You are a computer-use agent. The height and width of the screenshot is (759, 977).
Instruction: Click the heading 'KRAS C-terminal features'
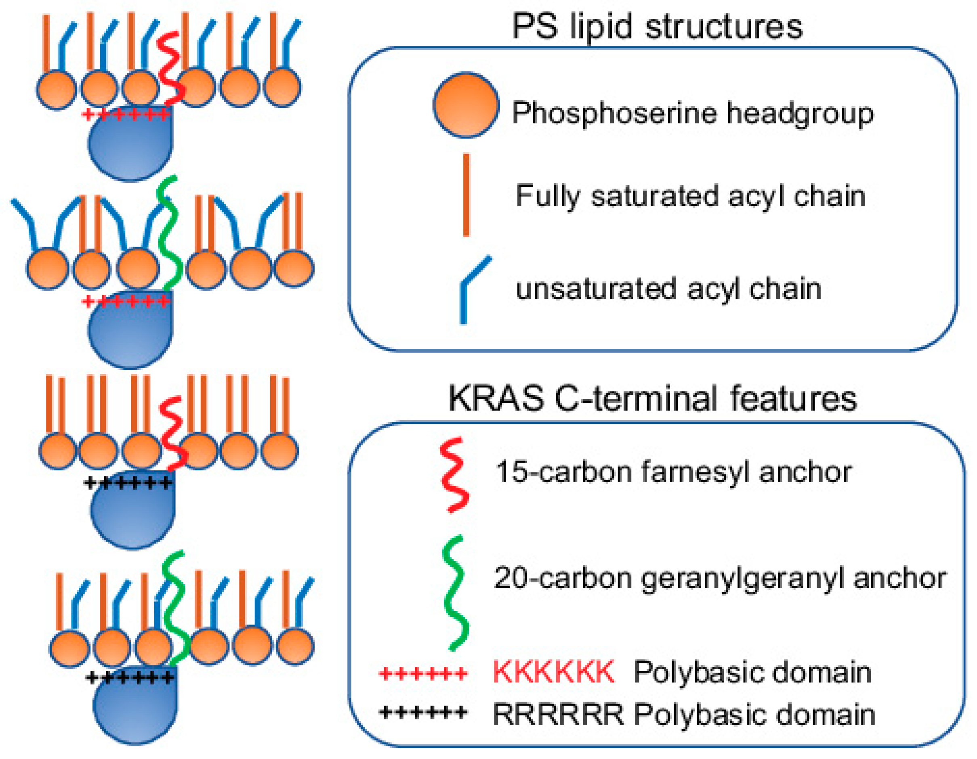click(x=652, y=398)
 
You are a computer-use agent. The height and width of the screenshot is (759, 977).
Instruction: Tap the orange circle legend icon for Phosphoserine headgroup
click(x=466, y=105)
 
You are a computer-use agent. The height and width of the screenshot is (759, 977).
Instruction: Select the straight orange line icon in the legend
click(x=466, y=195)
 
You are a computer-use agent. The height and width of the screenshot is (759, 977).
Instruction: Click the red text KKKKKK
click(x=553, y=672)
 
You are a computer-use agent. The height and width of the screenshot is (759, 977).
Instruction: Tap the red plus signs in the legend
click(x=423, y=673)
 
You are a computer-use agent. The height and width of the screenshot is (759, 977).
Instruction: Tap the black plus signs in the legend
click(x=423, y=712)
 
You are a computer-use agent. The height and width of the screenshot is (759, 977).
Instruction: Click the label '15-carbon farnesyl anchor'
click(x=673, y=472)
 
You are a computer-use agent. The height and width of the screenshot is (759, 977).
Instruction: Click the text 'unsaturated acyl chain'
click(x=668, y=289)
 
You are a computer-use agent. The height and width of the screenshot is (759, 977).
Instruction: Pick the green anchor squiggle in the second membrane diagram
click(x=170, y=233)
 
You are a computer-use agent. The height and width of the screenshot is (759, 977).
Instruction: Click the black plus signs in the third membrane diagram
click(x=128, y=483)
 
